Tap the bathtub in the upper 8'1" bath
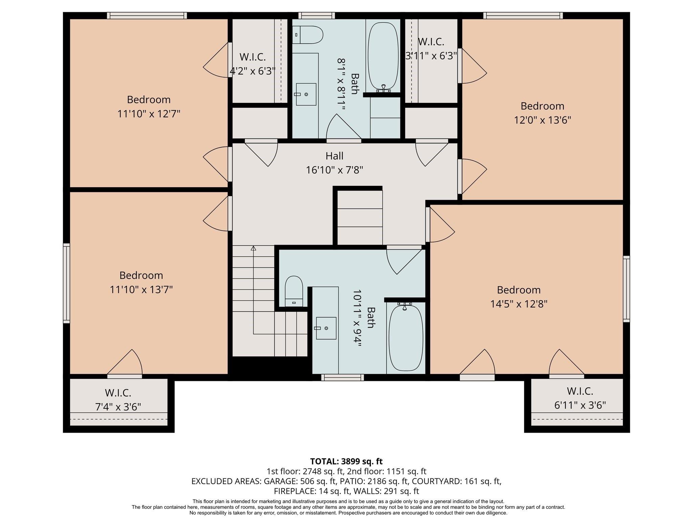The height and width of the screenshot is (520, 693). point(383,56)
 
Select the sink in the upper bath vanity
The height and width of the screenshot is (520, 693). point(306,94)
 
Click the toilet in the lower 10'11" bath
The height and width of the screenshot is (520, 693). point(294,291)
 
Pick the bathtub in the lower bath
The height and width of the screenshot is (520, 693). point(406,338)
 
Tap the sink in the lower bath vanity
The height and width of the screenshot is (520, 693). point(326,328)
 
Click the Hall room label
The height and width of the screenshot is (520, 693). point(334,156)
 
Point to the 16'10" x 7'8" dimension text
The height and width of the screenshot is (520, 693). point(334,170)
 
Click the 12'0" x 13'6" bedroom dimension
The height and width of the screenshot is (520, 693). point(542,120)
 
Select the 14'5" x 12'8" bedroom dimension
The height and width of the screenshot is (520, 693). point(519,304)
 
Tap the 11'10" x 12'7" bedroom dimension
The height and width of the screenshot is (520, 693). point(149,114)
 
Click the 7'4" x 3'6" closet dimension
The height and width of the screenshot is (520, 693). point(118,407)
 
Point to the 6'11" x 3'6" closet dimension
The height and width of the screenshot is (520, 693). point(580,405)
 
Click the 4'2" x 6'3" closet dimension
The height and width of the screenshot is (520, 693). point(252,71)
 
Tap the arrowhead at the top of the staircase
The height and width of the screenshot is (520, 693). point(253,248)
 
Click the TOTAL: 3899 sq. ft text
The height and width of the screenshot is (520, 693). point(346,461)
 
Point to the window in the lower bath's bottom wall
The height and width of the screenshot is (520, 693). point(342,377)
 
